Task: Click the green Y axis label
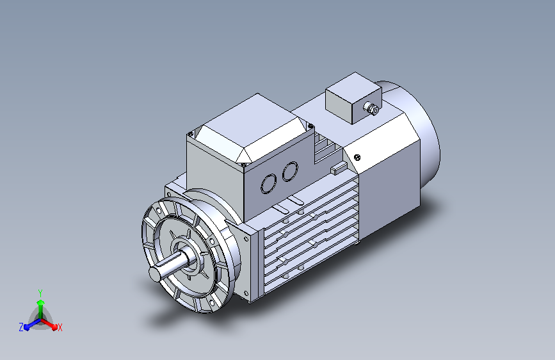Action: pyautogui.click(x=40, y=293)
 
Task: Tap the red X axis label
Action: pyautogui.click(x=60, y=327)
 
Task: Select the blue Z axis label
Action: pyautogui.click(x=21, y=327)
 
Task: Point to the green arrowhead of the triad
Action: pyautogui.click(x=41, y=302)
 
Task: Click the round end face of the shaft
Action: pyautogui.click(x=155, y=274)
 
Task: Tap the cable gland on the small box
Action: pyautogui.click(x=371, y=108)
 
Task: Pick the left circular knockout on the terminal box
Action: pyautogui.click(x=269, y=184)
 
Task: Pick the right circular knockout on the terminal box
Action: pyautogui.click(x=290, y=172)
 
